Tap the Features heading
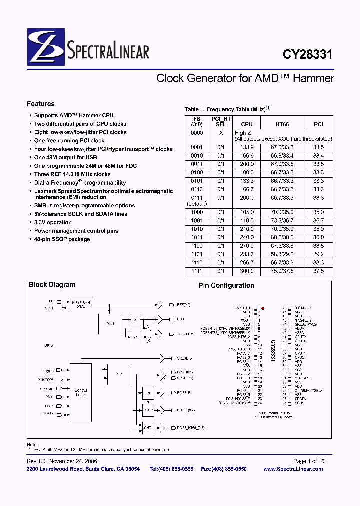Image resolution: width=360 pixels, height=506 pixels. point(40,104)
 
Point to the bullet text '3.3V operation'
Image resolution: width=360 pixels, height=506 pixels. point(53,222)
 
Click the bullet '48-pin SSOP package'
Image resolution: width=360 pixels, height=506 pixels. point(62,239)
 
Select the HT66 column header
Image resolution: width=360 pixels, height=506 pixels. point(282,124)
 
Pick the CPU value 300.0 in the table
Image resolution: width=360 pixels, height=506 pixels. point(247,271)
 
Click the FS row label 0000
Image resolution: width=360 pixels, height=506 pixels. point(197,133)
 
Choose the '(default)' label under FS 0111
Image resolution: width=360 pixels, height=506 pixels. point(197,204)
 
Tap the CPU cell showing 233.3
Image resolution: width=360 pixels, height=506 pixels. point(247,254)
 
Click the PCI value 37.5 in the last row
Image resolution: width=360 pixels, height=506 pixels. point(318,271)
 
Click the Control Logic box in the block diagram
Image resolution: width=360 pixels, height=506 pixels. point(80,392)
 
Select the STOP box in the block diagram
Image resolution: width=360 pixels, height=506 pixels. point(148,410)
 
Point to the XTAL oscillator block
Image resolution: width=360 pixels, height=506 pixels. point(80,305)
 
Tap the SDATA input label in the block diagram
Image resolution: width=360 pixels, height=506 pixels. point(48,413)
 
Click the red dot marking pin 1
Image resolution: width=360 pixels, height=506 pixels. point(263,308)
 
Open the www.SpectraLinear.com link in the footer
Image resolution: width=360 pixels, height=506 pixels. point(293,469)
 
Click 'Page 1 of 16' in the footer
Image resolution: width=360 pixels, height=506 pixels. point(308,461)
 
